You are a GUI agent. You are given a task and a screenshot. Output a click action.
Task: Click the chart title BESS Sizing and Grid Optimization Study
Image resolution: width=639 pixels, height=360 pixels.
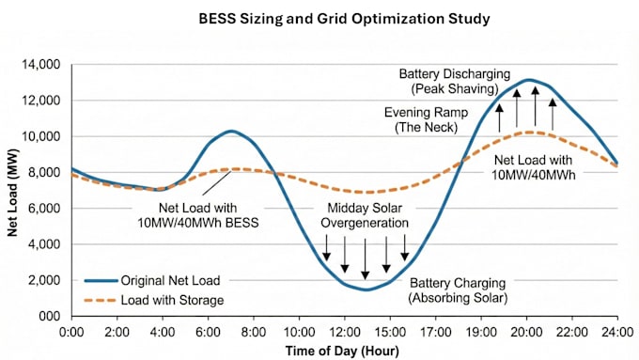tap(344, 19)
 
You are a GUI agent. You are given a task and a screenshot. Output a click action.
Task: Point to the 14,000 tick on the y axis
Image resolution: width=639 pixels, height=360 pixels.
tap(40, 65)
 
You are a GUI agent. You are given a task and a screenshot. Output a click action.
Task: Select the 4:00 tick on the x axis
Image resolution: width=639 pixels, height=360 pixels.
tap(163, 332)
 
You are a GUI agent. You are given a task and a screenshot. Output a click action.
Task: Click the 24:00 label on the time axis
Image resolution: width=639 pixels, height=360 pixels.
tap(617, 332)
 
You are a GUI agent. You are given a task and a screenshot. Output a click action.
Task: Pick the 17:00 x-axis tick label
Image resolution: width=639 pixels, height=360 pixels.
tap(436, 332)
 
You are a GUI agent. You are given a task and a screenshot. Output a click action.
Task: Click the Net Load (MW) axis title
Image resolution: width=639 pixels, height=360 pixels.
tap(12, 193)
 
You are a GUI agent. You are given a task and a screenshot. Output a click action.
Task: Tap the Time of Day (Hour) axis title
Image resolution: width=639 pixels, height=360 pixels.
tap(342, 351)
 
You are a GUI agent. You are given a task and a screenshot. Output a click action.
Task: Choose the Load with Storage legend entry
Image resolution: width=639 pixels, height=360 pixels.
tap(154, 301)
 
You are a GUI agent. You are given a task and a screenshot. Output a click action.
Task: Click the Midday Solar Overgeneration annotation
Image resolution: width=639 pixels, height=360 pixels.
tap(365, 215)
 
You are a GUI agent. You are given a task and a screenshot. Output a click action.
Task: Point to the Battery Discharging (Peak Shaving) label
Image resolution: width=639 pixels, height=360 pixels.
tap(455, 82)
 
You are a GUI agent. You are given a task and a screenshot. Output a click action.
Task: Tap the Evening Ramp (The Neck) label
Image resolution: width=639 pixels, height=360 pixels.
tap(427, 120)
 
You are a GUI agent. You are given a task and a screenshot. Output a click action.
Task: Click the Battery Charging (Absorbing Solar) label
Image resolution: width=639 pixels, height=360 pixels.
tap(458, 290)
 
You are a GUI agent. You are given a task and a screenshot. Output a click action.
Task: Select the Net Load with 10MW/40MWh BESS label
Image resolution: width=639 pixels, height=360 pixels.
tap(198, 215)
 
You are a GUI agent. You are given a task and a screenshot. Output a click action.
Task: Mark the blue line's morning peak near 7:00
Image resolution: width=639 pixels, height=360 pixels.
tap(231, 131)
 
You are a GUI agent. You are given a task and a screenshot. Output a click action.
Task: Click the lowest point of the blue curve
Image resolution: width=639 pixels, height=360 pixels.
tap(366, 290)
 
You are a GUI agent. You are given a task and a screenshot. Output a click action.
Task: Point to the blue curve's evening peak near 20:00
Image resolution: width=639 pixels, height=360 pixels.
tap(529, 80)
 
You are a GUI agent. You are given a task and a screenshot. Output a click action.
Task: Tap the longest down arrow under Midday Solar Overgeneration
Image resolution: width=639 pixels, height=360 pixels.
tap(366, 259)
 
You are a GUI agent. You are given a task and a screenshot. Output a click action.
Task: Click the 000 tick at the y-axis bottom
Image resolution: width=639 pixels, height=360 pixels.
tap(49, 317)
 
